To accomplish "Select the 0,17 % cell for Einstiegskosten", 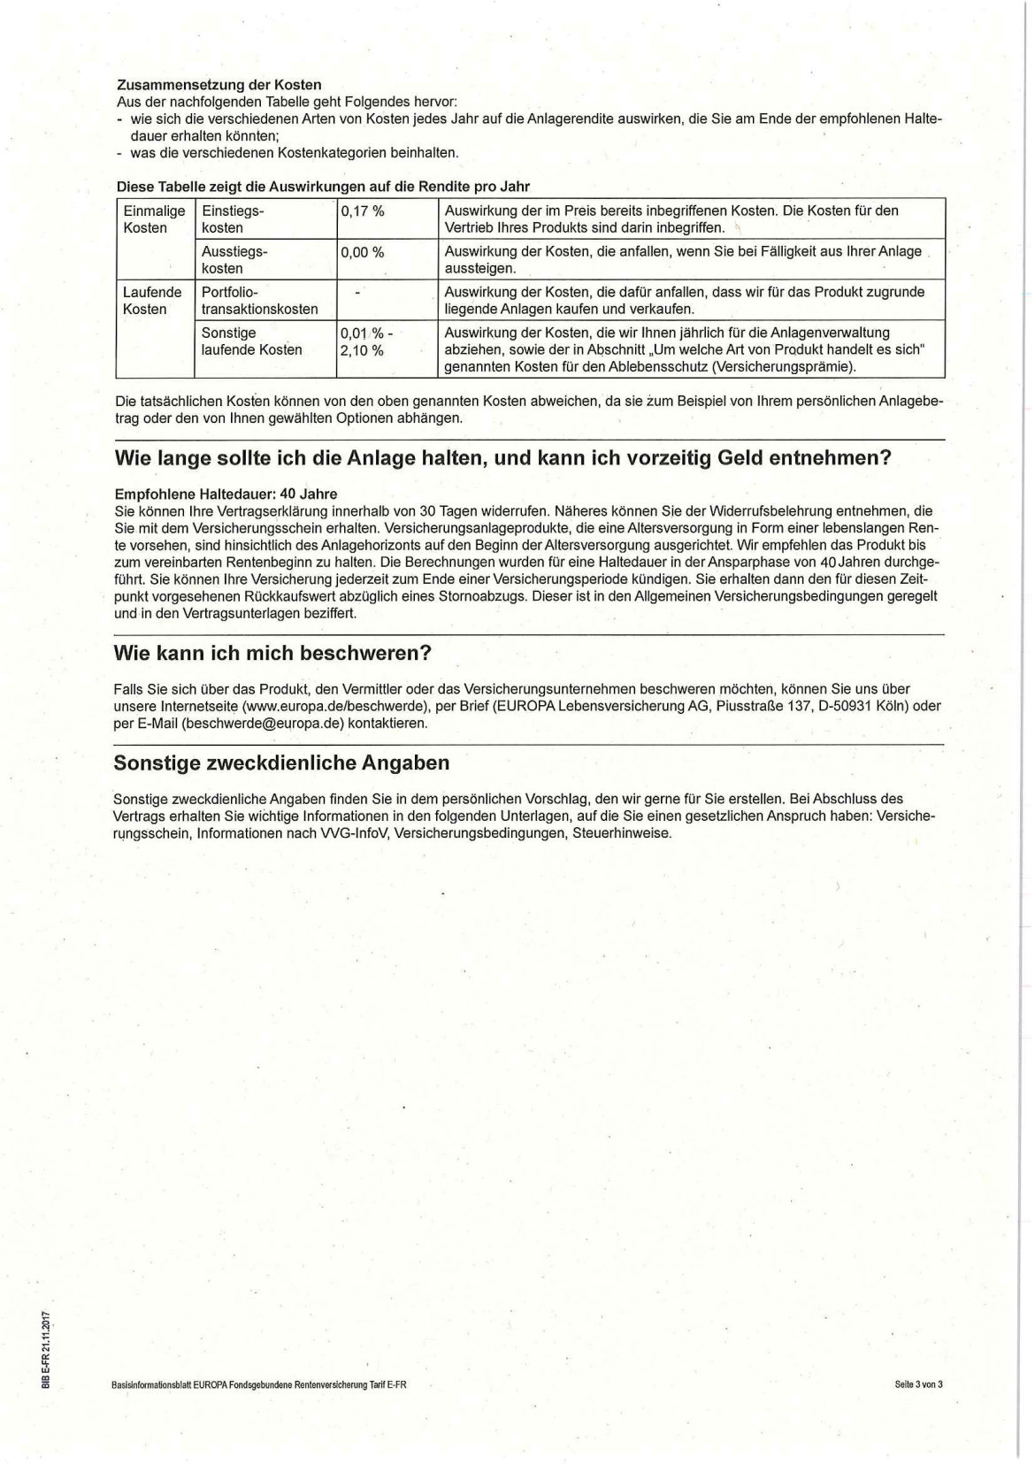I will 363,211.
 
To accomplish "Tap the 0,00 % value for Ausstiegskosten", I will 363,252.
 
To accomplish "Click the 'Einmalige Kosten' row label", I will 154,219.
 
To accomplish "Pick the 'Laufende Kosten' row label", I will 152,300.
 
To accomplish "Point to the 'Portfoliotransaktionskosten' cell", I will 259,300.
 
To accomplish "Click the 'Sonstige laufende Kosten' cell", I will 251,341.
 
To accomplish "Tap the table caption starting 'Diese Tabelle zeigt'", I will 323,186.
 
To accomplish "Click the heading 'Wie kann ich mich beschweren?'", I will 272,653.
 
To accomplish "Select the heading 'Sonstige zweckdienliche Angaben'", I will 281,763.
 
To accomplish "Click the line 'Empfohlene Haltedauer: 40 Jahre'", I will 226,494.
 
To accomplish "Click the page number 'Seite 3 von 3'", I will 919,1384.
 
